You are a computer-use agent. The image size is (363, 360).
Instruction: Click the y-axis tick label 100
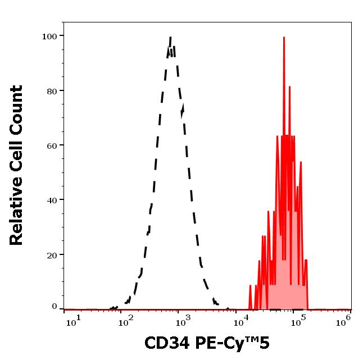pos(49,37)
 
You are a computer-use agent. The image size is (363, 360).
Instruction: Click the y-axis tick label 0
pos(55,307)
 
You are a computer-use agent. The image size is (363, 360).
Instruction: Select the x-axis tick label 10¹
pos(72,320)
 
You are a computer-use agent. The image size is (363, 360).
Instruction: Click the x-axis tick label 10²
pos(129,320)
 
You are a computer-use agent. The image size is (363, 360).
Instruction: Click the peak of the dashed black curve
pos(170,38)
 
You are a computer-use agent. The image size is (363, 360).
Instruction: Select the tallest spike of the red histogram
pos(284,38)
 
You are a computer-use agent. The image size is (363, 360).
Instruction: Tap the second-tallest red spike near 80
pos(289,88)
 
